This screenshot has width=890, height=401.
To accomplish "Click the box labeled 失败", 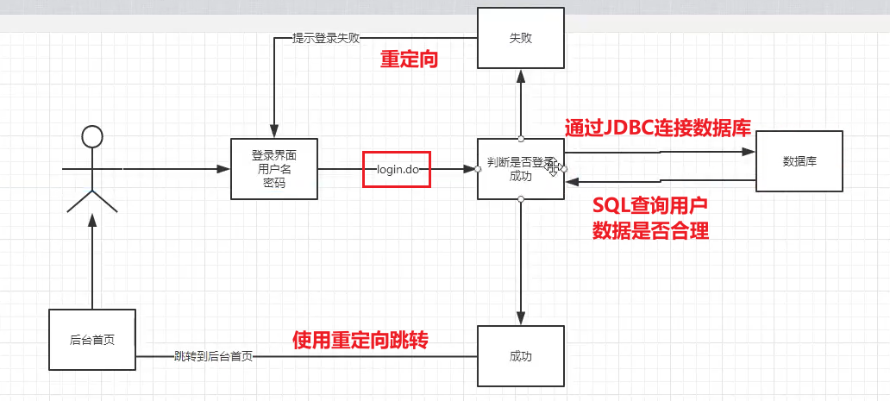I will click(x=520, y=38).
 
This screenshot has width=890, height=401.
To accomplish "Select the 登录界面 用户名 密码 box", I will click(x=274, y=169).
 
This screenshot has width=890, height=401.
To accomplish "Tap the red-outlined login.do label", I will click(x=397, y=169).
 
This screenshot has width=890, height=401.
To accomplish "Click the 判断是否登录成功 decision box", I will click(x=520, y=169).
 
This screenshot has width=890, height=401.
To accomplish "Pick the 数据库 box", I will click(x=799, y=161).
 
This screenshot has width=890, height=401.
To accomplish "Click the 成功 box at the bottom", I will click(x=520, y=355).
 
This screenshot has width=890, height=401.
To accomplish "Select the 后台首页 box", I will click(x=91, y=340).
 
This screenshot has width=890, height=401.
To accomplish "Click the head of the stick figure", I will click(x=91, y=137).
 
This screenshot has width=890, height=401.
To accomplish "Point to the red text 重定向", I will click(x=410, y=60).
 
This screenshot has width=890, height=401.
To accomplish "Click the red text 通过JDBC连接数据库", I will click(x=657, y=128).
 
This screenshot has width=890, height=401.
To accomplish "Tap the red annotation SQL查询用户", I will click(x=650, y=206).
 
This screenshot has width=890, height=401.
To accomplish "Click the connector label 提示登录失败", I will click(x=326, y=39).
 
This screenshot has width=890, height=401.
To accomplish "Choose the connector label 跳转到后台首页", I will click(x=213, y=355).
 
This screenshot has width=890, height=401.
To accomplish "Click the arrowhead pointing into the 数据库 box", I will click(x=749, y=151).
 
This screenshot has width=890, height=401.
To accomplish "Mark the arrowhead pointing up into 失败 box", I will click(x=521, y=75).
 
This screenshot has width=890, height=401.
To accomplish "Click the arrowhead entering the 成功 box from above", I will click(x=521, y=319).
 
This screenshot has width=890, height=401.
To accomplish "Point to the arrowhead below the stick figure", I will click(x=91, y=221).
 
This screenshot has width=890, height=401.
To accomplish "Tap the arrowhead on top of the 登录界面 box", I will click(x=274, y=132).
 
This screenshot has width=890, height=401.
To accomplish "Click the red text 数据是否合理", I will click(x=650, y=230).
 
